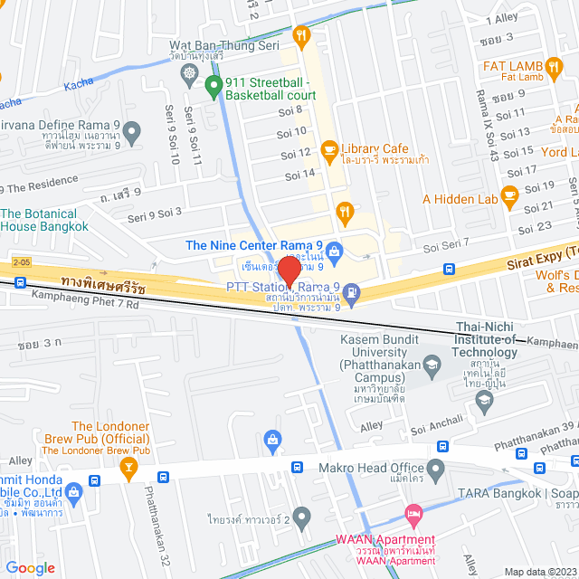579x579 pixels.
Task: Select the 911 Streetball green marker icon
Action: (214, 87)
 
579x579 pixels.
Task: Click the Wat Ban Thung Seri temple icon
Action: (189, 73)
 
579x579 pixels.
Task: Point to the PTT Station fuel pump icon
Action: (352, 292)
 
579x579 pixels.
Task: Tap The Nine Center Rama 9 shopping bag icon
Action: (334, 249)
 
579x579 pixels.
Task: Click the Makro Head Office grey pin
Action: (436, 469)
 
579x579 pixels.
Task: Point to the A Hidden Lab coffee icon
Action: (509, 193)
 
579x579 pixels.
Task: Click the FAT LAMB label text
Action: (513, 66)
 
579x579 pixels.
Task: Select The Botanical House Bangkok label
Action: (45, 220)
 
